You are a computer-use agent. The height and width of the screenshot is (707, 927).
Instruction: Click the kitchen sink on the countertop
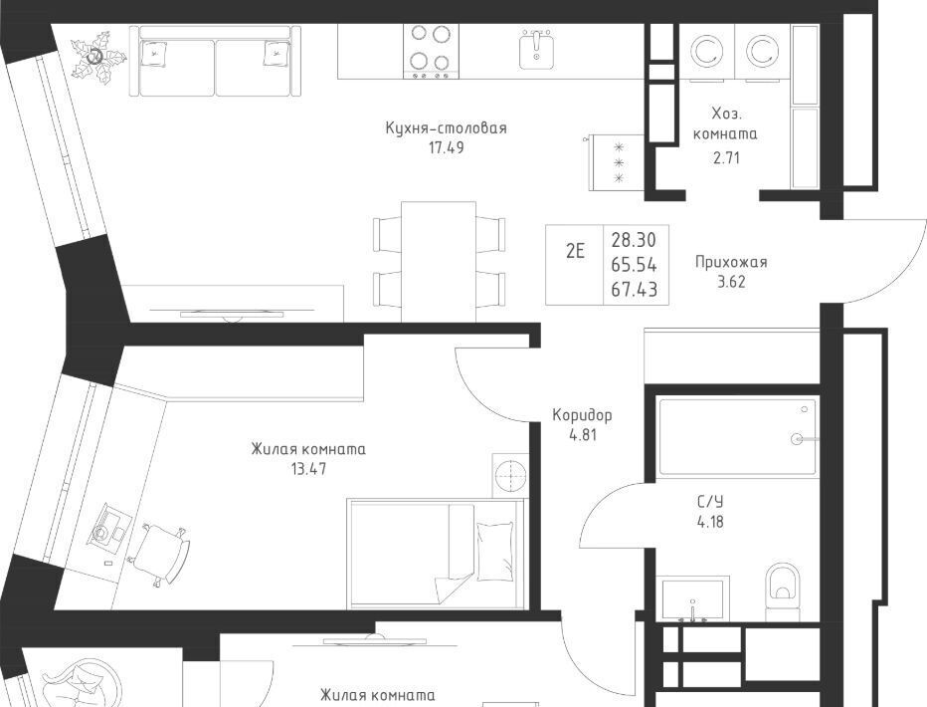[537, 49]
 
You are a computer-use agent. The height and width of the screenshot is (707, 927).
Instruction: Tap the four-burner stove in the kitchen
[431, 51]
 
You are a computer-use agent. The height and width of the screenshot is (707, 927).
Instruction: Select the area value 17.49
[447, 148]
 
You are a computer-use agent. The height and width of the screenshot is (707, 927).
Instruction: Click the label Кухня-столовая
[446, 127]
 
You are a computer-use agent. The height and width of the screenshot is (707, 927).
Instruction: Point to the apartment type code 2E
[575, 252]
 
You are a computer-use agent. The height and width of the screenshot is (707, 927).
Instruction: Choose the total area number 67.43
[634, 290]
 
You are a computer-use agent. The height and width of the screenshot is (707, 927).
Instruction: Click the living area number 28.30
[634, 240]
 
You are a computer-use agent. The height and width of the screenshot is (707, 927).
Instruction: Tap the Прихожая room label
[731, 262]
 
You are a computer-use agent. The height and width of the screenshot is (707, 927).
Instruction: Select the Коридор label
[582, 414]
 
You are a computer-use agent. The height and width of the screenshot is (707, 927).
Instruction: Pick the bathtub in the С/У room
[737, 437]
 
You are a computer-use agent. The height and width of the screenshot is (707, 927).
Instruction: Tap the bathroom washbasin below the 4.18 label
[692, 598]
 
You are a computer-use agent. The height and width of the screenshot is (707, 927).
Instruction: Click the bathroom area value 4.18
[710, 523]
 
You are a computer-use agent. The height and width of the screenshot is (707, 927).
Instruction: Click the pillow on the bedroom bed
[495, 551]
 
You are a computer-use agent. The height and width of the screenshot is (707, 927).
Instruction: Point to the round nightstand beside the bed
[509, 475]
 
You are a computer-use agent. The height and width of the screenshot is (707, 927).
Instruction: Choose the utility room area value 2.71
[726, 158]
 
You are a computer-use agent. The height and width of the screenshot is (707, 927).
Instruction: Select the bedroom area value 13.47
[308, 470]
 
